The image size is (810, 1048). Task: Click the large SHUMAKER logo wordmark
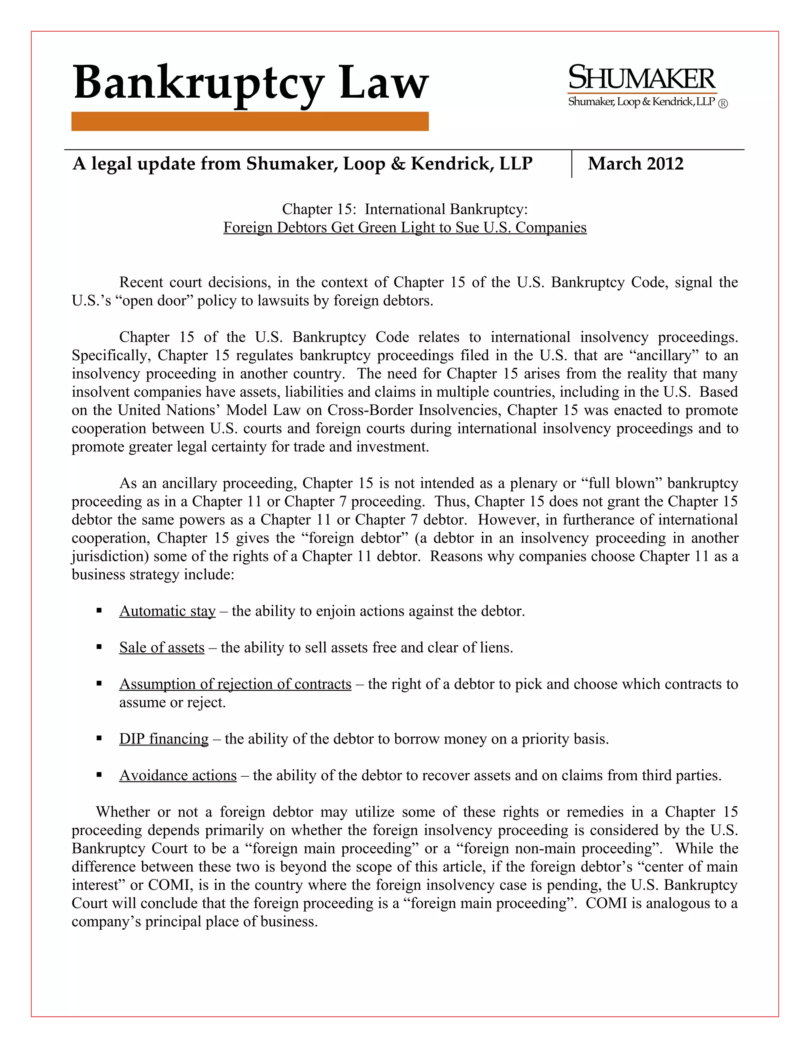click(x=642, y=78)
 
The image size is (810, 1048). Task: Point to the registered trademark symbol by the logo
click(x=723, y=104)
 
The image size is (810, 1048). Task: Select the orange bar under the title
click(x=250, y=121)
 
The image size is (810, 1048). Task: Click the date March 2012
click(x=635, y=164)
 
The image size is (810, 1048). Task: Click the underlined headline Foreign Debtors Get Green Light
click(x=405, y=227)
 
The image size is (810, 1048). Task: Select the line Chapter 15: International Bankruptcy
click(x=405, y=209)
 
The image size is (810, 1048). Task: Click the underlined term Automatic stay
click(x=167, y=611)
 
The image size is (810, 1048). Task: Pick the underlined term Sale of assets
click(x=162, y=647)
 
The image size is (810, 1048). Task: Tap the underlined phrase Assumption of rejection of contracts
click(x=235, y=684)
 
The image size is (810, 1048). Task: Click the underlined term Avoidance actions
click(x=178, y=775)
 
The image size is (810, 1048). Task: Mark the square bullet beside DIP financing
click(x=99, y=738)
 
